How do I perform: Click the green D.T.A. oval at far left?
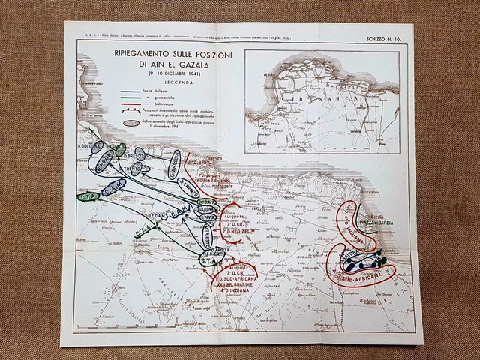pos(88,197)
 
